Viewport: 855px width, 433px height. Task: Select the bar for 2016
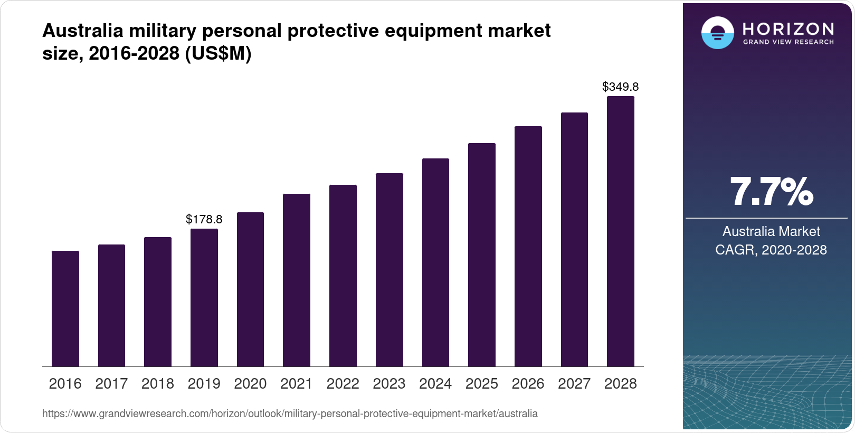coord(65,309)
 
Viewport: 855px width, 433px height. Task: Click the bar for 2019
coord(204,298)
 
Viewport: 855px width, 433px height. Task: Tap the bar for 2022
coord(343,276)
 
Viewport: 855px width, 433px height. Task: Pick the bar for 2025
coord(482,255)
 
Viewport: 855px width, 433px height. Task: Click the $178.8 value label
coord(204,219)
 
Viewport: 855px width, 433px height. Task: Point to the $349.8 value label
coord(621,87)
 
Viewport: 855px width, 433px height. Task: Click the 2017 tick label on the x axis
coord(111,384)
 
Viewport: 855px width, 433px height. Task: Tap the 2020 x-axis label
coord(250,384)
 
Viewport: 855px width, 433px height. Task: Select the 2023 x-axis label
coord(389,384)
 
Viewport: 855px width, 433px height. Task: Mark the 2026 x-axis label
coord(528,384)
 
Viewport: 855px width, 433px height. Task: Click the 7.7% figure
coord(771,192)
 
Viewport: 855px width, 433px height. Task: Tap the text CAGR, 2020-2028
coord(771,250)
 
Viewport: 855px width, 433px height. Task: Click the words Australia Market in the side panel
coord(771,231)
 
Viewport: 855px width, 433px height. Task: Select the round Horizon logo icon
coord(718,33)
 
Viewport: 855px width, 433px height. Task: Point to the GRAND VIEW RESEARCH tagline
coord(788,42)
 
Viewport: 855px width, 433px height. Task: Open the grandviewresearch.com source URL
coord(290,414)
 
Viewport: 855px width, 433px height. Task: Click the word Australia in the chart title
coord(83,31)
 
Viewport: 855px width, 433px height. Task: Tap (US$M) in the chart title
coord(218,53)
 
